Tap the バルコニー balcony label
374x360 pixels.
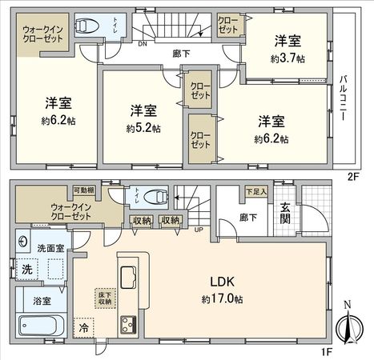tap(342, 97)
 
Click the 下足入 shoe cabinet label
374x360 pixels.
tap(255, 191)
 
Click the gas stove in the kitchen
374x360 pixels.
tap(129, 325)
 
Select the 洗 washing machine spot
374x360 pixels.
tap(26, 270)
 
